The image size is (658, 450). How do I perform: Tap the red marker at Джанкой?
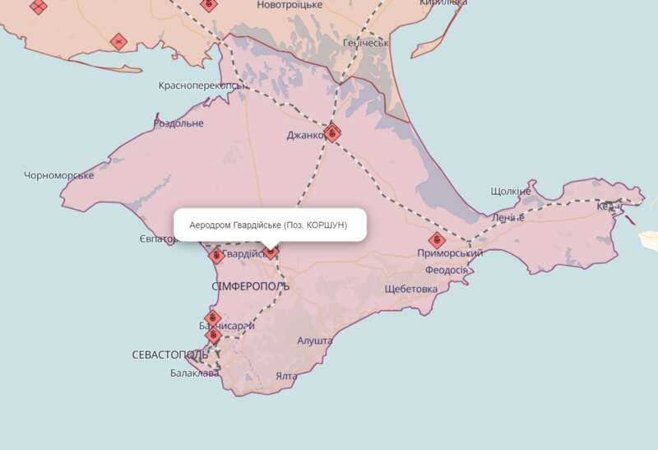[332, 132]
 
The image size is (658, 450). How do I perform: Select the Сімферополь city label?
[250, 286]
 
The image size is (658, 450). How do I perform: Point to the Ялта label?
[286, 376]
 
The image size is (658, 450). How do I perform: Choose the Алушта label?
[314, 341]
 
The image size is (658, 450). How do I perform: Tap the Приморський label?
[449, 254]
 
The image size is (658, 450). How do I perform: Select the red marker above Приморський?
[437, 240]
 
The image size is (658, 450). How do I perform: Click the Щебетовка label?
[411, 289]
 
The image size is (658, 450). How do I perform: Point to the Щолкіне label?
[510, 191]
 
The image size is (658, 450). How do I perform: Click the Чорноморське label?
[59, 175]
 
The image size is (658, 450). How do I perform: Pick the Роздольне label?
[178, 123]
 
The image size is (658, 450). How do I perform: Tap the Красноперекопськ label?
[201, 86]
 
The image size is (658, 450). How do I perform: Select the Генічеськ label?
[365, 42]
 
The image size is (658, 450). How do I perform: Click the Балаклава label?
[195, 373]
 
